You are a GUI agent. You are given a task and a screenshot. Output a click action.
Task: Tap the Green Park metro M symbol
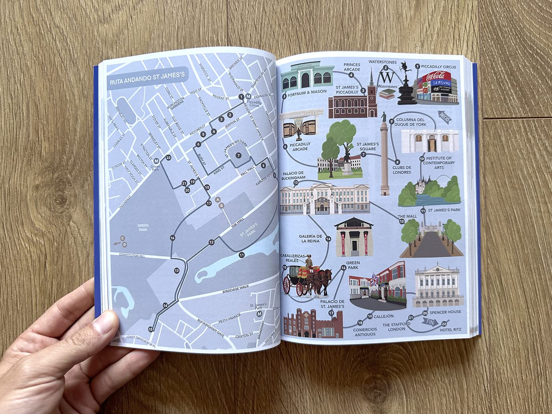pos(157,161)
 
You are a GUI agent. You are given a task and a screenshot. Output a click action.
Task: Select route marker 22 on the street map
pos(168,158)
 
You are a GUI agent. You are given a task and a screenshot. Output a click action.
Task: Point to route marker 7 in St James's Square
pos(238,155)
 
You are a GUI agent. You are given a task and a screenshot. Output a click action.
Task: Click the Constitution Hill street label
pos(132,256)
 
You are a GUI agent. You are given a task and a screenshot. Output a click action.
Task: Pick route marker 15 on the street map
pos(150,329)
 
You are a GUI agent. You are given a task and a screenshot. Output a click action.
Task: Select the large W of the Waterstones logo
pos(388,77)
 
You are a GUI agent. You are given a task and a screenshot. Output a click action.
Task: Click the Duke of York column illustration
pos(384,158)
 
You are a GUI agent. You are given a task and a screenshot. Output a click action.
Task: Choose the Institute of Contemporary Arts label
pos(439,162)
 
